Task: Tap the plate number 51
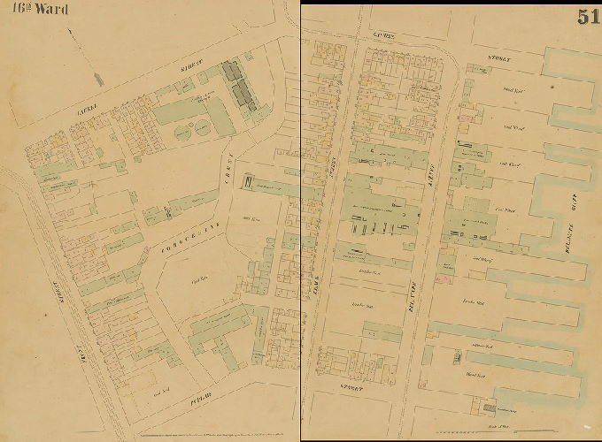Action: click(587, 16)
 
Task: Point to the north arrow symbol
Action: click(97, 79)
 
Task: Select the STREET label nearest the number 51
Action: click(501, 60)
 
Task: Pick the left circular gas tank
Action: click(183, 133)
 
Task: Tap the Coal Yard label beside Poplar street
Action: click(161, 389)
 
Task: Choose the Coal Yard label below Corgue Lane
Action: click(200, 281)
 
